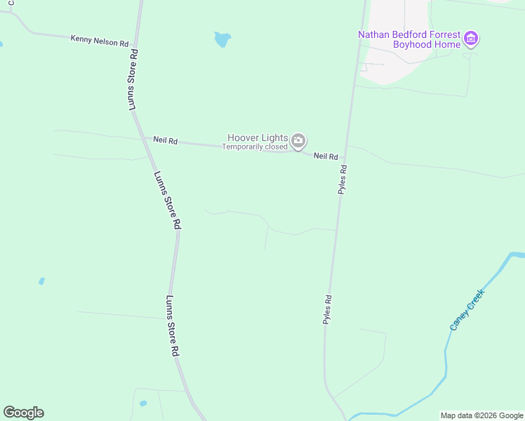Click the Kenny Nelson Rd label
pos(99,41)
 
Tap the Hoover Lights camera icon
pos(298,141)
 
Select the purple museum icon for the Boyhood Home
pos(472,39)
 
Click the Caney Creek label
pos(467,311)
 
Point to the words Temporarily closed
pos(255,147)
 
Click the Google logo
pos(23,413)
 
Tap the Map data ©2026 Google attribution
pos(481,415)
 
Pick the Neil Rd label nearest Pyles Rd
pos(326,156)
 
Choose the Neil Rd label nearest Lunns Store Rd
pos(166,141)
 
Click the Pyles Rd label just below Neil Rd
pos(343,179)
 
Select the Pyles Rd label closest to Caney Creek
pos(327,309)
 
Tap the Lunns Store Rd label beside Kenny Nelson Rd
pos(132,79)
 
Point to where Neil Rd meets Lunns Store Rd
pos(142,138)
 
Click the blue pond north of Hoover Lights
pos(222,39)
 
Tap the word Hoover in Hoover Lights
pos(243,138)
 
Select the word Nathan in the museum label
pos(373,34)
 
